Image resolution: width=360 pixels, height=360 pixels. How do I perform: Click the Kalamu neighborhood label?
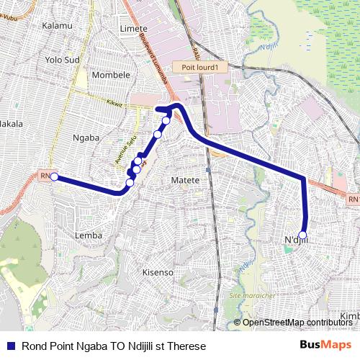tap(58, 26)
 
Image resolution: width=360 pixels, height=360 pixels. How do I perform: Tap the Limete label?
tap(134, 29)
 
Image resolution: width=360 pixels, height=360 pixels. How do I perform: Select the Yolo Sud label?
tap(60, 60)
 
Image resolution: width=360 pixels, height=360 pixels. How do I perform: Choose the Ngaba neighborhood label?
tap(86, 138)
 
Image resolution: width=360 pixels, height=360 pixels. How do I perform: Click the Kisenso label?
tap(158, 272)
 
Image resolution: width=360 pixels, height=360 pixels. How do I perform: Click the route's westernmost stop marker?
tap(54, 176)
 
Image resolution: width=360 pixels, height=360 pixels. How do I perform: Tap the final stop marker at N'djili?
tap(302, 235)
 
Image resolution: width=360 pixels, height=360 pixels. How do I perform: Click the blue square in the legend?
tap(11, 346)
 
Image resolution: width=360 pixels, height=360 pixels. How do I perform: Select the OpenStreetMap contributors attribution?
tap(297, 323)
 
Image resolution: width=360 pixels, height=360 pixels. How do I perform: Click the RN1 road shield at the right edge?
tap(353, 199)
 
